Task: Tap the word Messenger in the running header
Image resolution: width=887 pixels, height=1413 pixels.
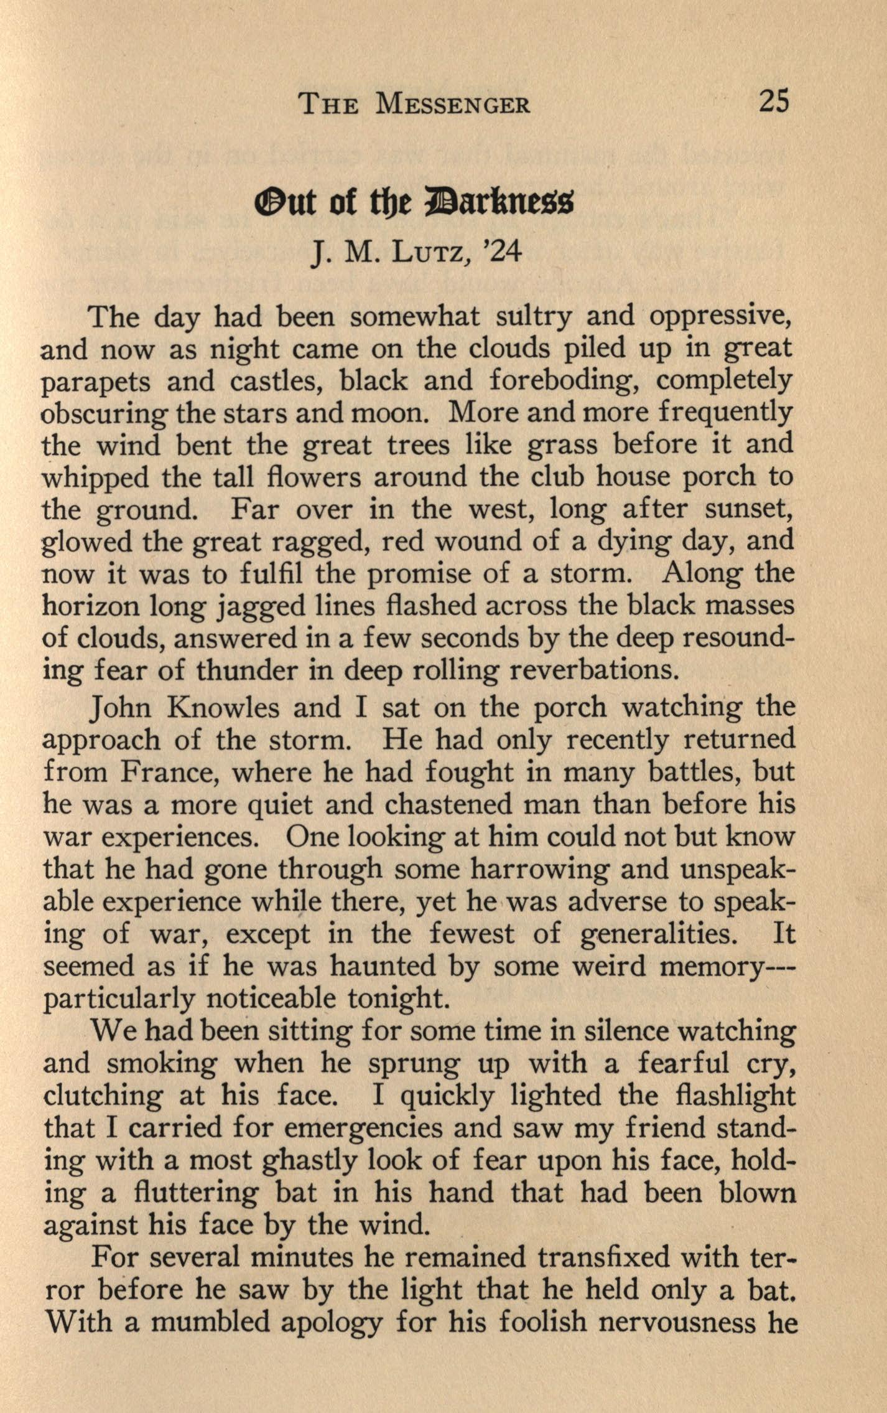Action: [x=453, y=104]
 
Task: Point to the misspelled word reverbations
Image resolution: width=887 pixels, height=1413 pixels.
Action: [x=592, y=670]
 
